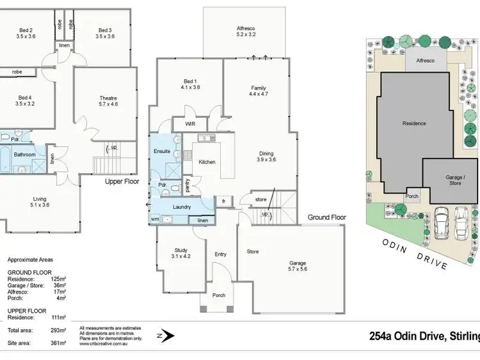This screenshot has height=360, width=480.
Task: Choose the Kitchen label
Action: tap(207, 162)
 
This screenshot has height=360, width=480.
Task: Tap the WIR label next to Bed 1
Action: tap(190, 123)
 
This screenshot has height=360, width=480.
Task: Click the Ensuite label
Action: tap(162, 151)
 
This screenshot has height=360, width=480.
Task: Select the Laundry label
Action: tap(183, 207)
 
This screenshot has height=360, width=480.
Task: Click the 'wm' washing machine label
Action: tap(155, 219)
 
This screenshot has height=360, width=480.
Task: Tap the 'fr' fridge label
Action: tap(225, 200)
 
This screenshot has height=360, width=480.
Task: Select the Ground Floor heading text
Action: tap(326, 217)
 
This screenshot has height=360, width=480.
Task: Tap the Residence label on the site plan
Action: tap(413, 123)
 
